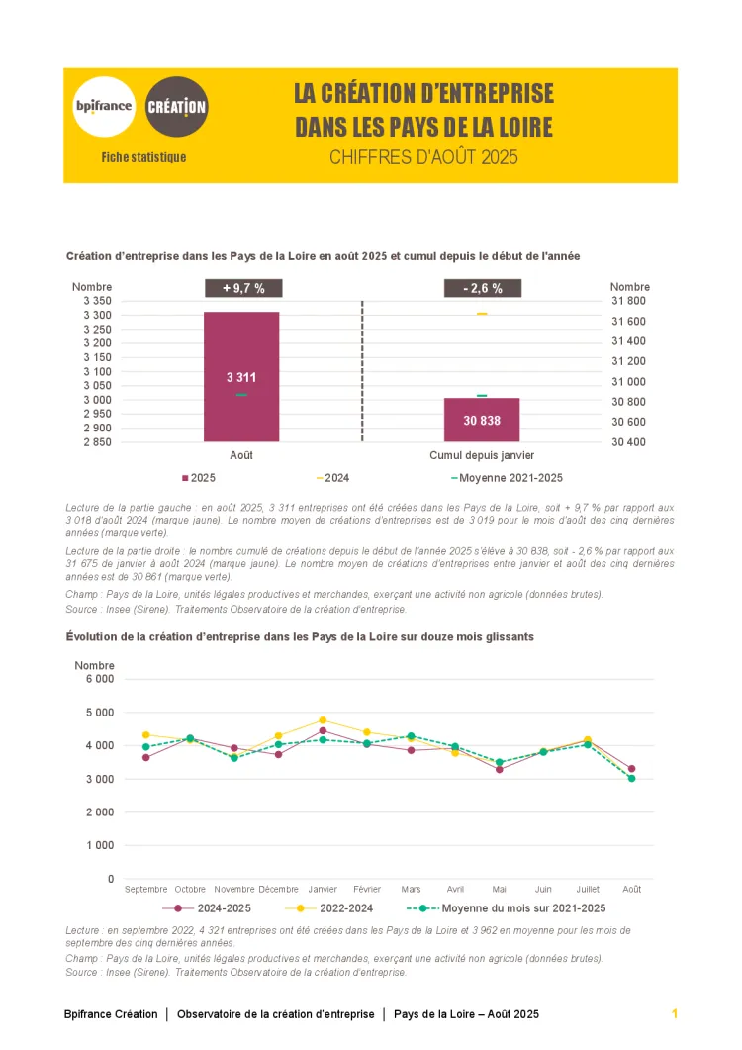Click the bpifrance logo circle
coord(104,106)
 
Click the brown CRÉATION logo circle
coord(177,106)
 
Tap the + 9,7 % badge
coord(243,288)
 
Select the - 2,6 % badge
coord(482,288)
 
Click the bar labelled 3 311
coord(241,376)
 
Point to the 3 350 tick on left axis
coord(97,301)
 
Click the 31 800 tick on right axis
coord(628,301)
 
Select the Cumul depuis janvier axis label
coord(482,455)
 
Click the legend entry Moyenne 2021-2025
coord(507,478)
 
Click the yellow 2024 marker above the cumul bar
coord(482,314)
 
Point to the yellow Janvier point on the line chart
coord(323,720)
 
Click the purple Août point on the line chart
coord(631,769)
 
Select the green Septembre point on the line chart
coord(146,747)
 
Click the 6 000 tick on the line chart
coord(100,679)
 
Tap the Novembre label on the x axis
coord(234,890)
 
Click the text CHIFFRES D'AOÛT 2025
coord(423,157)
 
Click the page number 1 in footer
coord(674,1014)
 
